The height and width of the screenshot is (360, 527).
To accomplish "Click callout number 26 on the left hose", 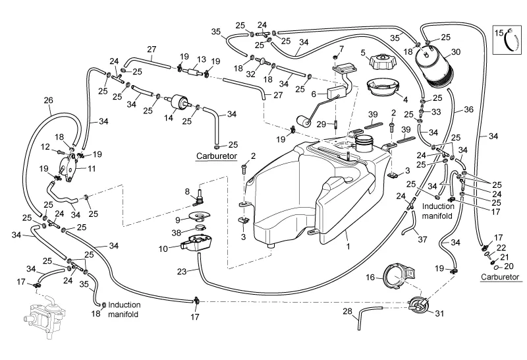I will (x=47, y=100).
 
